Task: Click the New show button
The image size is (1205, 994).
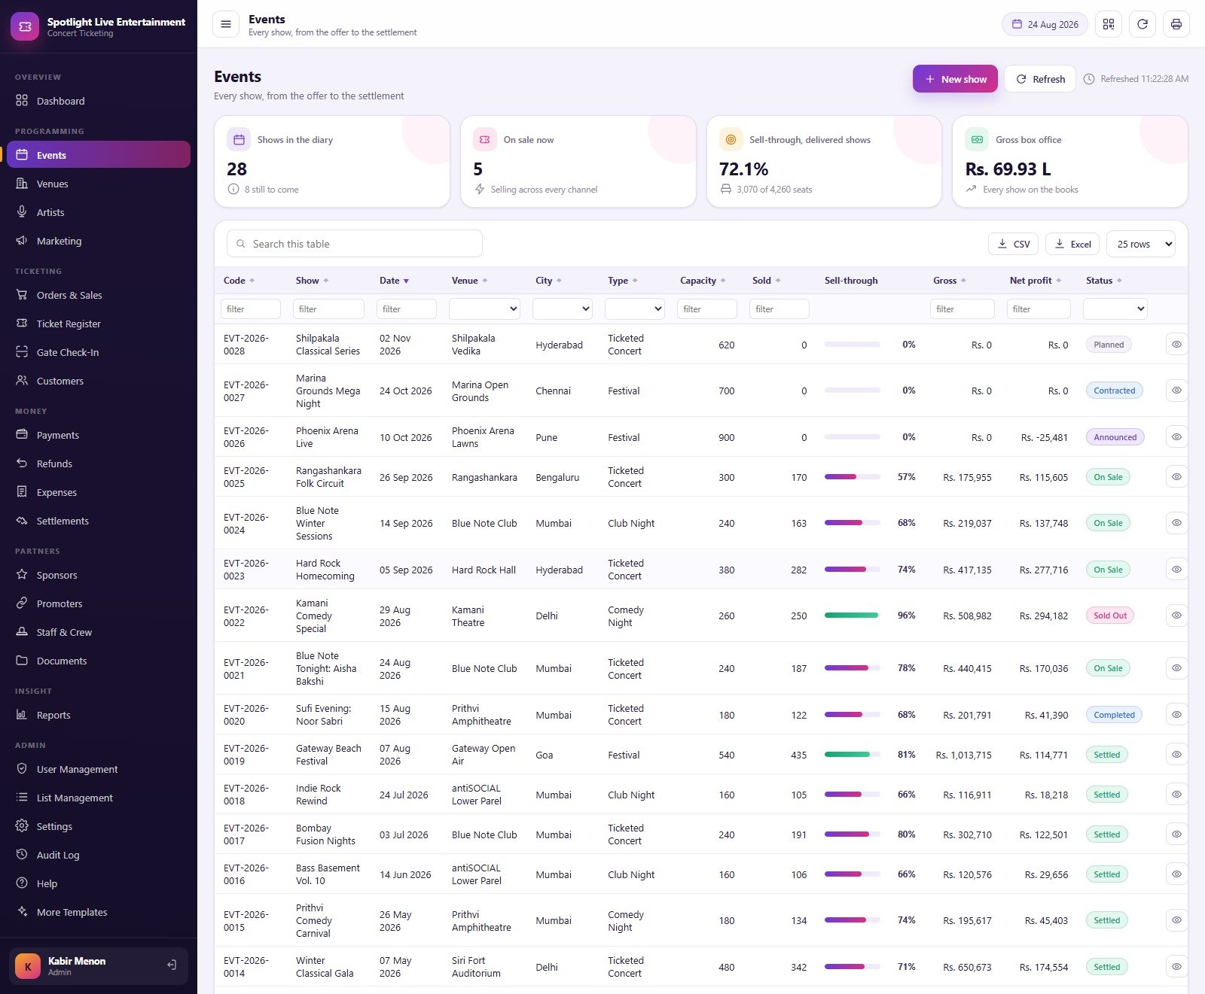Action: click(955, 79)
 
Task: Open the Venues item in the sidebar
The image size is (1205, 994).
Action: click(52, 184)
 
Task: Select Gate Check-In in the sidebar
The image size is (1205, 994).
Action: click(68, 352)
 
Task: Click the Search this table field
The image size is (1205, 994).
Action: click(355, 244)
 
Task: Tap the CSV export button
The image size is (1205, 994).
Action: click(1013, 244)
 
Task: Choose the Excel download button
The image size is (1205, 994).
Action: click(1072, 244)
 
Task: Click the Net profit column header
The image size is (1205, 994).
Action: click(1030, 281)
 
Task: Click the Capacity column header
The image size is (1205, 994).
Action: click(698, 281)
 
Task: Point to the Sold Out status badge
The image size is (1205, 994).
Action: click(1110, 616)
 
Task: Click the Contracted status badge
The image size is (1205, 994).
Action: click(1115, 391)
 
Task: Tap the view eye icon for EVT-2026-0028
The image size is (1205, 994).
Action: click(1176, 345)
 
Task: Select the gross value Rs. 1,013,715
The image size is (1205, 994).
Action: click(963, 755)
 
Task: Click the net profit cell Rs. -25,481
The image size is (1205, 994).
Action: click(1044, 437)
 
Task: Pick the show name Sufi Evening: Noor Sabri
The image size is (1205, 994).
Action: click(324, 715)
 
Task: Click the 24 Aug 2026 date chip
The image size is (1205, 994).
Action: click(1045, 24)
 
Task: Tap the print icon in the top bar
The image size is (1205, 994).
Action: click(1176, 24)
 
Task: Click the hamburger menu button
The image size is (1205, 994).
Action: click(225, 24)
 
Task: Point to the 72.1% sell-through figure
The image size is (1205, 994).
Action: click(743, 169)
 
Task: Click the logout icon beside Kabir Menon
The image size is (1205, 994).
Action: click(172, 965)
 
